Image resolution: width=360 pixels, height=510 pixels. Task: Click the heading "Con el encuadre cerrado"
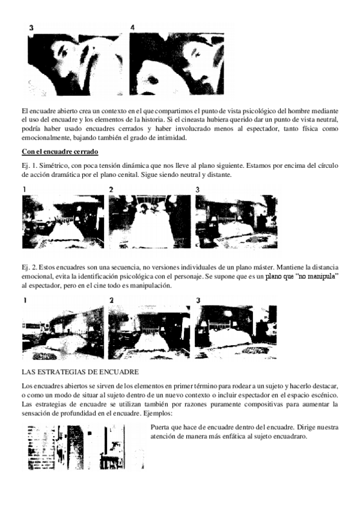coord(59,152)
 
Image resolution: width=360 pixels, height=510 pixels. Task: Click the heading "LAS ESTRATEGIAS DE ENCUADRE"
coord(81,372)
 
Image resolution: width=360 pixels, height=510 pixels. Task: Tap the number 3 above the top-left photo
coord(31,28)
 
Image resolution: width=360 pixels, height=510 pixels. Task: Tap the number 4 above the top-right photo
coord(132,28)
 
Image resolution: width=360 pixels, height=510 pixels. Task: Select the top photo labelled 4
coord(177,64)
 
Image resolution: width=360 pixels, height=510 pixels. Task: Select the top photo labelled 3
coord(75,64)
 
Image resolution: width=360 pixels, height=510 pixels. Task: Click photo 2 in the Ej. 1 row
coord(150,222)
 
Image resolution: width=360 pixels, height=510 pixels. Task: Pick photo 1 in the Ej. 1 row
coord(63,222)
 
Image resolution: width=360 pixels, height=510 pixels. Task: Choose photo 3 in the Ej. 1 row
coord(236,222)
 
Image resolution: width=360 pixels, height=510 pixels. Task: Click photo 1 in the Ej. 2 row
coord(63,333)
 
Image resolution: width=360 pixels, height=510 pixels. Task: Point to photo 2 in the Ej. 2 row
coord(149,333)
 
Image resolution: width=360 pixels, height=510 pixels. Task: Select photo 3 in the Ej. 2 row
coord(236,333)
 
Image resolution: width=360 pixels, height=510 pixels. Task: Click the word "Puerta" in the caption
coord(159,427)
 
